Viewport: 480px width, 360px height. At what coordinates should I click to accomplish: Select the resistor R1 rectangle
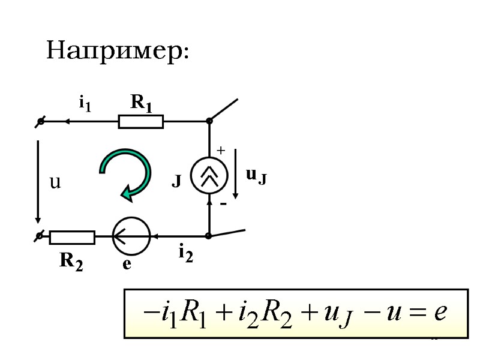141,122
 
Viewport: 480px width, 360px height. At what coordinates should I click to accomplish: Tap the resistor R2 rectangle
72,237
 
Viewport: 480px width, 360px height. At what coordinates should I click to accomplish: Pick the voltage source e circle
131,236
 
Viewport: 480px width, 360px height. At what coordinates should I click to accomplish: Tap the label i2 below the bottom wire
185,254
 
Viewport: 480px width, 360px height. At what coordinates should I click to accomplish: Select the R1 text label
142,104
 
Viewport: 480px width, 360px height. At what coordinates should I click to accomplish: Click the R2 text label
71,261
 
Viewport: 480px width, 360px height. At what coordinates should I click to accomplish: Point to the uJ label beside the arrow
256,175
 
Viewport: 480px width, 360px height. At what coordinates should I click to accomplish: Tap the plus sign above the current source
221,151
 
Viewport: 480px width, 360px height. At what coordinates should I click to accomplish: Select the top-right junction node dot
209,121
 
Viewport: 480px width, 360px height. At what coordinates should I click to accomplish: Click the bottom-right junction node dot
209,236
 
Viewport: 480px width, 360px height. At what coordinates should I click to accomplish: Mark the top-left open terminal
40,122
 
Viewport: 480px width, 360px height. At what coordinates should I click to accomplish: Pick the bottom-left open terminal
40,236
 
